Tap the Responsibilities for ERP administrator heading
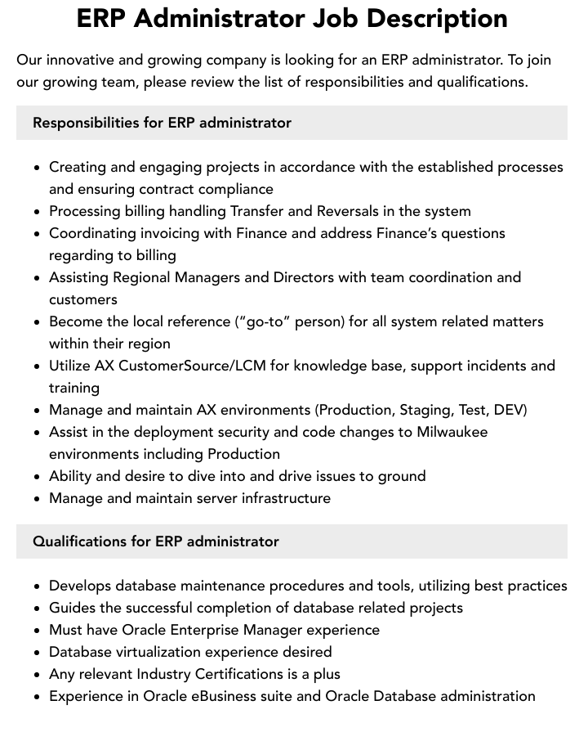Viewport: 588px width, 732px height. tap(162, 123)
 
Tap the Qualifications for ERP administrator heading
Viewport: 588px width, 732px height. tap(155, 541)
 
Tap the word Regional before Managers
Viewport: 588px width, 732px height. tap(140, 277)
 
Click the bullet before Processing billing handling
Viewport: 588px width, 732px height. tap(37, 212)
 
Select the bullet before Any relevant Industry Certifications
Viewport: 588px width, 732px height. tap(37, 675)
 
